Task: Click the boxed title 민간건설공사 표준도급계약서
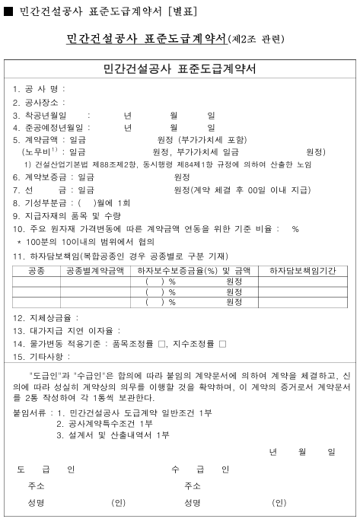pos(179,69)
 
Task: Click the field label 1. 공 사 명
pos(36,88)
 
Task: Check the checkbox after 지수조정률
pos(222,344)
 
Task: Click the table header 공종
pos(36,270)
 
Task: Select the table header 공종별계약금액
pos(94,270)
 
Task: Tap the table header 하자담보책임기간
pos(302,270)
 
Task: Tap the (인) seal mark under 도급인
pos(118,503)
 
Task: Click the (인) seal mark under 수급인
pos(279,503)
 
